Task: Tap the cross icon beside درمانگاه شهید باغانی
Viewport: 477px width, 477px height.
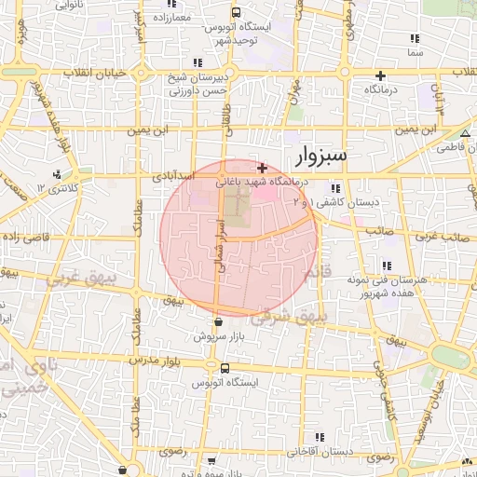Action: tap(263, 169)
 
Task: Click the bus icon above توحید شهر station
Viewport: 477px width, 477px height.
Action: tap(237, 13)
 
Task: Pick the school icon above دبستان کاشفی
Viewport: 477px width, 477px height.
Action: tap(323, 188)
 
